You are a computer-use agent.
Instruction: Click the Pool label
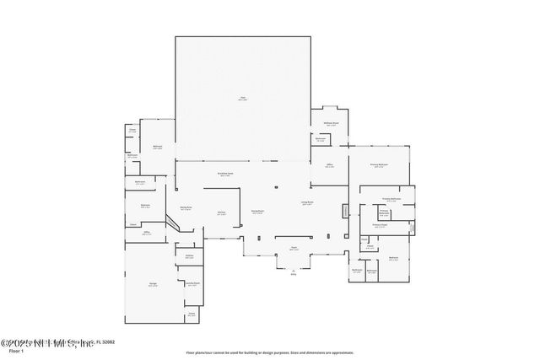(242, 99)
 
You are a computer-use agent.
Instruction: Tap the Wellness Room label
(332, 122)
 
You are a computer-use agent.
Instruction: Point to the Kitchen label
(221, 212)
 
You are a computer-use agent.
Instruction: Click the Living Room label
(308, 202)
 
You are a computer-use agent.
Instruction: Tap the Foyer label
(294, 249)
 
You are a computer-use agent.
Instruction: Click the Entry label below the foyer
(294, 273)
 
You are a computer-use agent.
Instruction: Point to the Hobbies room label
(190, 256)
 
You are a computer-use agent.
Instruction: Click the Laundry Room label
(192, 283)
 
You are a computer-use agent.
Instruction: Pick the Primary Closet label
(379, 225)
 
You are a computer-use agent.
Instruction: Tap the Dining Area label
(186, 207)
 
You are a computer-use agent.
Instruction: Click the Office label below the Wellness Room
(330, 166)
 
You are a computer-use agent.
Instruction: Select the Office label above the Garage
(146, 233)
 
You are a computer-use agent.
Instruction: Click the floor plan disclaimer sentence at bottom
(270, 352)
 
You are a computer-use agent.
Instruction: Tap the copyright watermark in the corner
(59, 341)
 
